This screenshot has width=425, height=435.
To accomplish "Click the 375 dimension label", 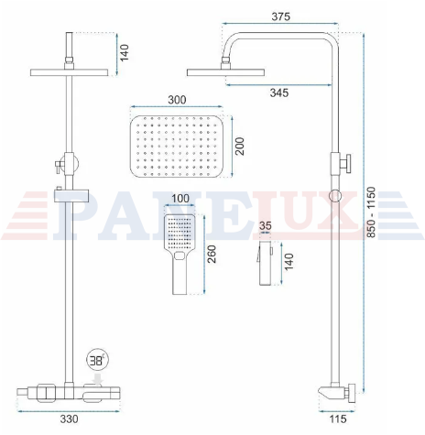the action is [x=280, y=16].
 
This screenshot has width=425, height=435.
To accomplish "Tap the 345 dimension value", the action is [x=279, y=92].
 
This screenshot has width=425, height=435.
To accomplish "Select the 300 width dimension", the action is [x=177, y=100].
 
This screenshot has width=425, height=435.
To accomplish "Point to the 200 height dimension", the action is [x=240, y=147].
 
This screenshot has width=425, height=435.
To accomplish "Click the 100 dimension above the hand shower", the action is [x=180, y=199].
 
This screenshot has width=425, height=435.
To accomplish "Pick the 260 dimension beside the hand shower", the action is [x=212, y=254].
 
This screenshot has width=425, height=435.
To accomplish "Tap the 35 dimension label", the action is [x=265, y=226].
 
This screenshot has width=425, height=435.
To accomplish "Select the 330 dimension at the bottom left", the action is [x=69, y=419].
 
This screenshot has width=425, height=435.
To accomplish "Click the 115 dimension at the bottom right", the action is [x=338, y=419].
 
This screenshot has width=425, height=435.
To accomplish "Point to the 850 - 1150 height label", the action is [x=371, y=212].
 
